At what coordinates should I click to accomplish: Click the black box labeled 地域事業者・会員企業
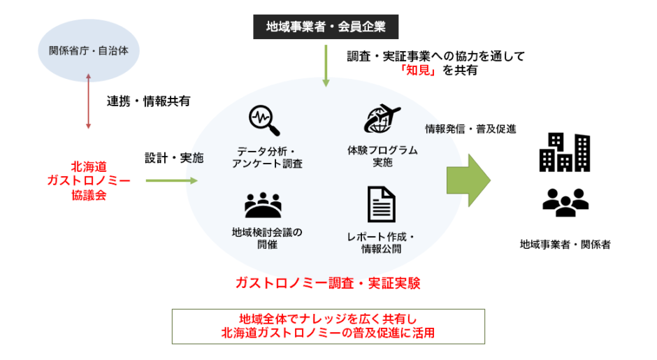point(325,27)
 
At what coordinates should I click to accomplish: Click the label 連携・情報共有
point(148,101)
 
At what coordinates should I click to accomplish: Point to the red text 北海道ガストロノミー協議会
point(87,180)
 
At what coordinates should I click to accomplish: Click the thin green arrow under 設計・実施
point(171,180)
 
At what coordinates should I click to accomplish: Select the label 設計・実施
point(173,158)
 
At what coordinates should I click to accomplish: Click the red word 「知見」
point(419,69)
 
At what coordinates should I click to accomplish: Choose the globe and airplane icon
point(382,118)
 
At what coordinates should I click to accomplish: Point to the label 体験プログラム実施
point(382,156)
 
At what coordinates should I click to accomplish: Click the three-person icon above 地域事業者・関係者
point(565,201)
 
